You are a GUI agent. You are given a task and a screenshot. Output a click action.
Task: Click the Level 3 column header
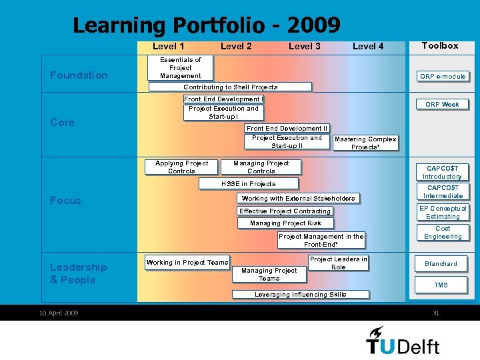(304, 46)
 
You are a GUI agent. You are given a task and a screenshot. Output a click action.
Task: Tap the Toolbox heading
(440, 46)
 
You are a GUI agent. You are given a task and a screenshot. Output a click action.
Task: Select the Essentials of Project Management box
(180, 68)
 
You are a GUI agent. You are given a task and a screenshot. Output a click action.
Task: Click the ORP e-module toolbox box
(443, 77)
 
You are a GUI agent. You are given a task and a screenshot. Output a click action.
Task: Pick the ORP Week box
(442, 105)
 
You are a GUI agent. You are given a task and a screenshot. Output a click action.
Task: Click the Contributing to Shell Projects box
(230, 87)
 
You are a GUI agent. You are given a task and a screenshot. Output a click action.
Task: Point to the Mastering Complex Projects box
(365, 143)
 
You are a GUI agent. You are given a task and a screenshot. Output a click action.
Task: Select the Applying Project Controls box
(181, 167)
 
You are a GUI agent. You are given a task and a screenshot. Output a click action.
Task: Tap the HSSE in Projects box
(248, 184)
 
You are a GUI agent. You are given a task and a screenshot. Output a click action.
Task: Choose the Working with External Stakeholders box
(298, 199)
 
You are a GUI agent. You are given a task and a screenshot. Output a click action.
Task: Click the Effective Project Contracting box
(285, 211)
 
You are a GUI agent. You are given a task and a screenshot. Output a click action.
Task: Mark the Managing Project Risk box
(285, 223)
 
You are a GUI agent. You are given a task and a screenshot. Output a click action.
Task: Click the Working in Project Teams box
(187, 263)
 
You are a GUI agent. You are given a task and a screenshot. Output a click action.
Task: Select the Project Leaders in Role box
(338, 263)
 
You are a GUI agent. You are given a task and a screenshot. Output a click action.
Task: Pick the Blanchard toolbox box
(441, 264)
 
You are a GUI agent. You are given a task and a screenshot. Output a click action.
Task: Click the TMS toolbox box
(441, 285)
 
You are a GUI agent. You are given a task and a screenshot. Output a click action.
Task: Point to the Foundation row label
(79, 75)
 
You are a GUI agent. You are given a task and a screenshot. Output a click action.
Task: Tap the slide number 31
(436, 313)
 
